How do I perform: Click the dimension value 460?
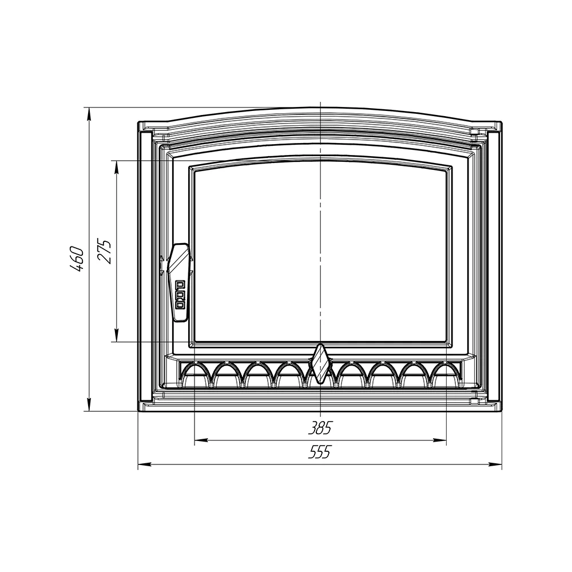click(77, 259)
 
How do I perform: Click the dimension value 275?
click(104, 251)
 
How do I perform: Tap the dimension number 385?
click(320, 428)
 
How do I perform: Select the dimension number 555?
click(320, 452)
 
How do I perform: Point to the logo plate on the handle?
click(180, 295)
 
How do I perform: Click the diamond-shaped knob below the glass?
click(320, 364)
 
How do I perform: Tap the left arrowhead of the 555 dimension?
click(144, 464)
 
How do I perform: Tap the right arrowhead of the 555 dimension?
click(496, 464)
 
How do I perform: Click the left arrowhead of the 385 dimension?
click(200, 440)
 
